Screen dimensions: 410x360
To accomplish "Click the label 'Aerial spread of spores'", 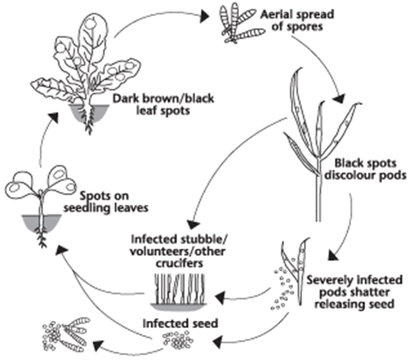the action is pos(297,20).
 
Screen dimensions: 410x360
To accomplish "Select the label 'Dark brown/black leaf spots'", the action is pos(164,104).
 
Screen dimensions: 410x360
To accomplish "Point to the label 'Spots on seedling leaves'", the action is pos(106,202).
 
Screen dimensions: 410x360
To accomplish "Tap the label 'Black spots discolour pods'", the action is pos(366,169).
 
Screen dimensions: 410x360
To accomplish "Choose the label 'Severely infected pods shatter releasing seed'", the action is pos(355,292).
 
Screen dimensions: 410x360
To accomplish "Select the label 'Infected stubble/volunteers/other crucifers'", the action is pos(178,251).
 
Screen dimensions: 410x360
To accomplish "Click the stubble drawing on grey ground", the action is pos(179,292).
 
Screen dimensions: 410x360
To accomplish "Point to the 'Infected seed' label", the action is pos(180,324).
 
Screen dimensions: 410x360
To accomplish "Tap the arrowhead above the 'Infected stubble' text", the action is pos(193,224).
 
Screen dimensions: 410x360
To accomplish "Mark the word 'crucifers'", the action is pos(180,263).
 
